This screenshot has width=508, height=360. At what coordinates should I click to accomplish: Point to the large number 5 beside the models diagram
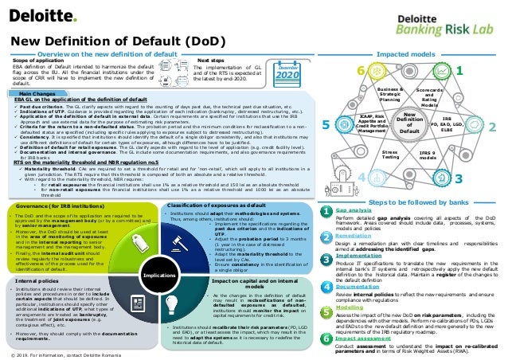coord(326,125)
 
